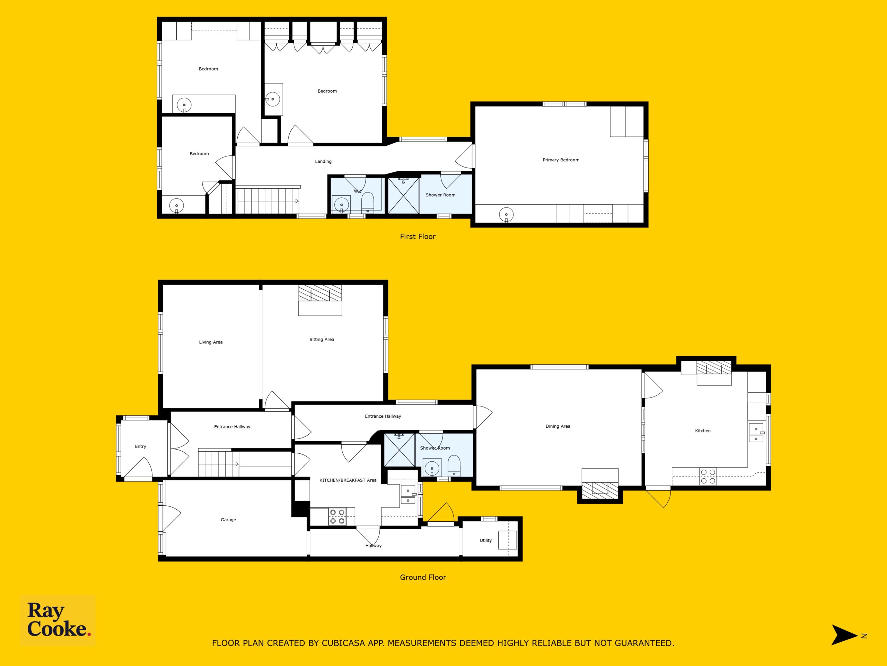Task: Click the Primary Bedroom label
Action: pos(561,160)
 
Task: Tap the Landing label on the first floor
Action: pos(323,161)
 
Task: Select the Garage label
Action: pos(228,520)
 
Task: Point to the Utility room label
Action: pos(486,540)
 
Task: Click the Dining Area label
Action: pos(558,426)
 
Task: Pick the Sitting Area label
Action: pos(322,340)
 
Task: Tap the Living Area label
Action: pos(211,342)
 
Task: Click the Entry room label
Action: pos(140,446)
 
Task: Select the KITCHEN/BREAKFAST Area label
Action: pos(348,480)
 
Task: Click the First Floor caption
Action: pos(418,237)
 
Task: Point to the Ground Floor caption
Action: pos(423,577)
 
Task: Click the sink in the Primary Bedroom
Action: pos(507,214)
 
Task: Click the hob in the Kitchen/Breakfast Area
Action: pos(337,516)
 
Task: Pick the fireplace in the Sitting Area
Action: pos(320,300)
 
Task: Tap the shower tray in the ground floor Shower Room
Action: pos(399,450)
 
